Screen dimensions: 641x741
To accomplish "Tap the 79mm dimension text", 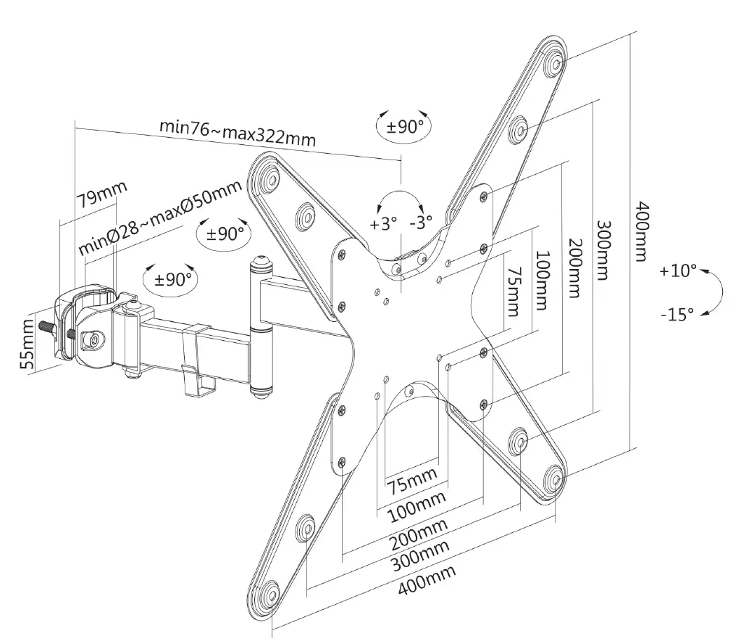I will [101, 196].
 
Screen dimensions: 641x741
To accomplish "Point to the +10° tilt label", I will [678, 271].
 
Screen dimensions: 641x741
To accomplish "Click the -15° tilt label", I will [677, 314].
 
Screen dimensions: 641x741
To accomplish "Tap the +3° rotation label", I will [384, 223].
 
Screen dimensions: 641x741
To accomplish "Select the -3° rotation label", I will [420, 220].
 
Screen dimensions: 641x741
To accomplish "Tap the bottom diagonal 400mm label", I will [427, 580].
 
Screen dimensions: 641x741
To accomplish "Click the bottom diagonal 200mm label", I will [417, 530].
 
